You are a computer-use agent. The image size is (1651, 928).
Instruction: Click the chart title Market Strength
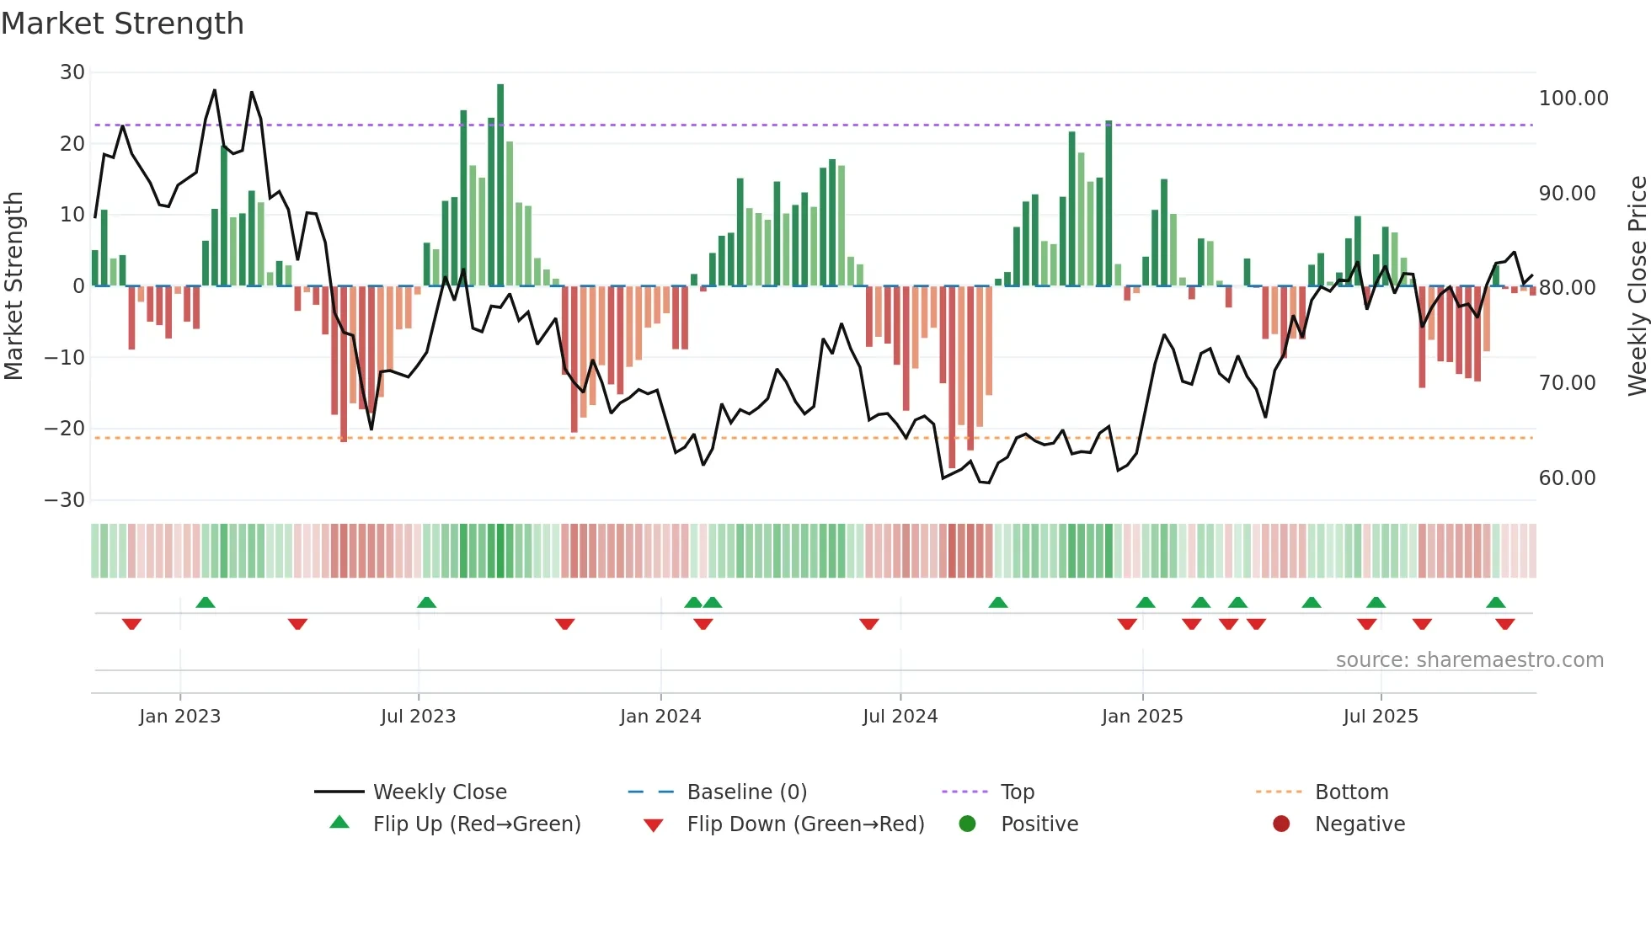pos(122,24)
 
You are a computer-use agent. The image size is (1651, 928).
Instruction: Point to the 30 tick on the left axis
pos(72,72)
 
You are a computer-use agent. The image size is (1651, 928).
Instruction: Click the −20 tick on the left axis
pos(65,429)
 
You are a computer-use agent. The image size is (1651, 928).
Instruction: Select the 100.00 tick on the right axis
pos(1573,99)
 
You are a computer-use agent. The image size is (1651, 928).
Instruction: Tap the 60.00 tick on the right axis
pos(1567,478)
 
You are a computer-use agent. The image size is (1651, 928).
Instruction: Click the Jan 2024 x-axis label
pos(660,717)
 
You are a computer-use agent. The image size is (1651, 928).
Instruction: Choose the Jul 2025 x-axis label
pos(1380,717)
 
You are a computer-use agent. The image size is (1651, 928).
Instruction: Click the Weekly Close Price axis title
pos(1637,285)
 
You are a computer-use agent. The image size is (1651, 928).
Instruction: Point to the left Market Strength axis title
pos(13,285)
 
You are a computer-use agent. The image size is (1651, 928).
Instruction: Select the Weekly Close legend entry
pos(440,792)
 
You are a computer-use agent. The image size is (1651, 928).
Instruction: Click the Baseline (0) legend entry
pos(746,792)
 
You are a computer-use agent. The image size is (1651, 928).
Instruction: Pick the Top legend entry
pos(1017,792)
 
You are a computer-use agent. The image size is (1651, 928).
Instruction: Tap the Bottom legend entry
pos(1351,792)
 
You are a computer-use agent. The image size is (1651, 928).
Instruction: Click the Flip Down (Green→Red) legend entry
pos(804,824)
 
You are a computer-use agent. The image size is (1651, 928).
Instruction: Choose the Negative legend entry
pos(1360,824)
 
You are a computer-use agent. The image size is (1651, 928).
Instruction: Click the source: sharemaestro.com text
pos(1469,660)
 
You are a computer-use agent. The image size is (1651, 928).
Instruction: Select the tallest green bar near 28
pos(500,185)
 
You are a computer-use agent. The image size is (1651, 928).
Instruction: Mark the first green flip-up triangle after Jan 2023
pos(206,602)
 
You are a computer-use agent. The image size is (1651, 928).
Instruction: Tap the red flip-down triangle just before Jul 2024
pos(869,624)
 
